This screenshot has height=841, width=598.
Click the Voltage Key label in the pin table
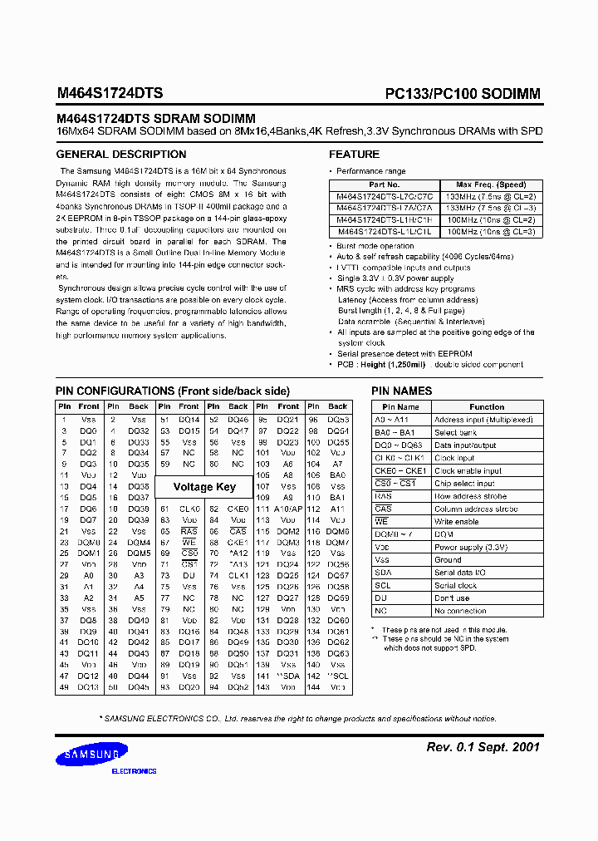(x=204, y=487)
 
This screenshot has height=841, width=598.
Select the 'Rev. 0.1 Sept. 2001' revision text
(x=483, y=747)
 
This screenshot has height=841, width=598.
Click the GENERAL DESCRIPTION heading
(x=120, y=155)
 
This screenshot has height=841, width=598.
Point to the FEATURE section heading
(x=354, y=155)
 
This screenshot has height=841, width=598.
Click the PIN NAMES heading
(x=401, y=391)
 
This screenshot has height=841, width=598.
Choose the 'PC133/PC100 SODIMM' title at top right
(x=463, y=94)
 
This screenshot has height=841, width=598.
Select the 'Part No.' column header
(x=384, y=184)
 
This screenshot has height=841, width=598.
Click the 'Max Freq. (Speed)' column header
(x=491, y=184)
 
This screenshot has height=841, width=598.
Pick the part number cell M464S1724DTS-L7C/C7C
(x=384, y=196)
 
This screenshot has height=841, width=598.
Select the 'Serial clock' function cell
(x=456, y=585)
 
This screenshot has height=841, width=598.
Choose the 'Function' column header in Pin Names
(x=487, y=407)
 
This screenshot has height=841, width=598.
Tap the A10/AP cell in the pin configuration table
(x=287, y=509)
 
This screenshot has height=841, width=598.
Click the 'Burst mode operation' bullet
(x=375, y=246)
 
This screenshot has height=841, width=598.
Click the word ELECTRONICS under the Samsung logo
(x=134, y=771)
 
